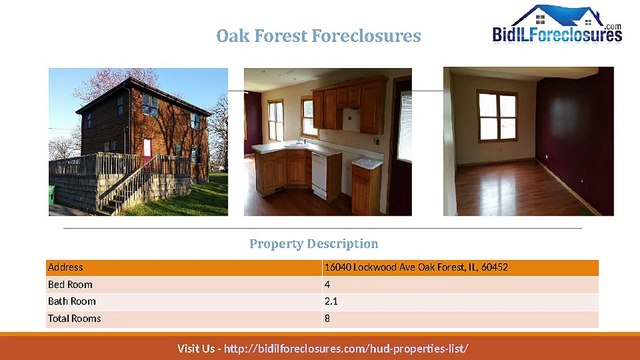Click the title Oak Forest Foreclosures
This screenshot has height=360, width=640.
(319, 36)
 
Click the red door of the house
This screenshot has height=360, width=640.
(147, 150)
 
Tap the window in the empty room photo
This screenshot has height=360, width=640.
(497, 117)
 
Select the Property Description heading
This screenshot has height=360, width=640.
(313, 243)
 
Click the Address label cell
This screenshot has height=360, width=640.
(66, 268)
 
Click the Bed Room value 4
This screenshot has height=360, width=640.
(327, 285)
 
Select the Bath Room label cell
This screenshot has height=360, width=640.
(71, 301)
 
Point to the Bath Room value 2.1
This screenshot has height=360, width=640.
(331, 301)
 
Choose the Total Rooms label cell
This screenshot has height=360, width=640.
(74, 318)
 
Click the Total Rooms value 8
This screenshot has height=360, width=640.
(327, 318)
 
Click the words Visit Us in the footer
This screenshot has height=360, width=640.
(195, 348)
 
